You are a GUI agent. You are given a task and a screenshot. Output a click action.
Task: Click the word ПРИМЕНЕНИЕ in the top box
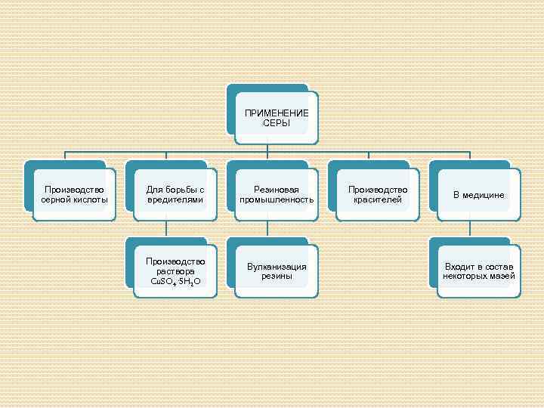(277, 113)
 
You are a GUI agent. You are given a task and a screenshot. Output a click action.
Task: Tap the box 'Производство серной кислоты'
(75, 194)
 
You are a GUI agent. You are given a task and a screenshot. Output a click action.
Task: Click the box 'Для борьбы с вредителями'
(175, 194)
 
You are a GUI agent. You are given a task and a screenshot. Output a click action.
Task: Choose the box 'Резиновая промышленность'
(277, 194)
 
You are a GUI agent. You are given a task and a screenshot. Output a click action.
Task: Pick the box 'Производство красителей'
(377, 194)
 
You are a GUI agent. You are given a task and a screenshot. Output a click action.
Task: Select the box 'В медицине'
(478, 194)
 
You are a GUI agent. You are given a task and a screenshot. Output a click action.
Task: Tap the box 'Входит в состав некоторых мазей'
(478, 271)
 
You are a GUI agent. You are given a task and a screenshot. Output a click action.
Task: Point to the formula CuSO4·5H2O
(175, 281)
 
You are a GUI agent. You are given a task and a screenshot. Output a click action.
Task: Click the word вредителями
(175, 199)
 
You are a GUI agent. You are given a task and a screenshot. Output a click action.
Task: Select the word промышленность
(277, 199)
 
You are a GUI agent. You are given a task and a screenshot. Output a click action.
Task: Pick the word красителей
(377, 199)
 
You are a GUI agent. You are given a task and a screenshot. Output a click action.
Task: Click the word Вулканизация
(277, 267)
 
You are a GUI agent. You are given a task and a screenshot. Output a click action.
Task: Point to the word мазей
(502, 277)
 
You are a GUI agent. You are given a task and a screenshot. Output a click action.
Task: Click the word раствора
(175, 271)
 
